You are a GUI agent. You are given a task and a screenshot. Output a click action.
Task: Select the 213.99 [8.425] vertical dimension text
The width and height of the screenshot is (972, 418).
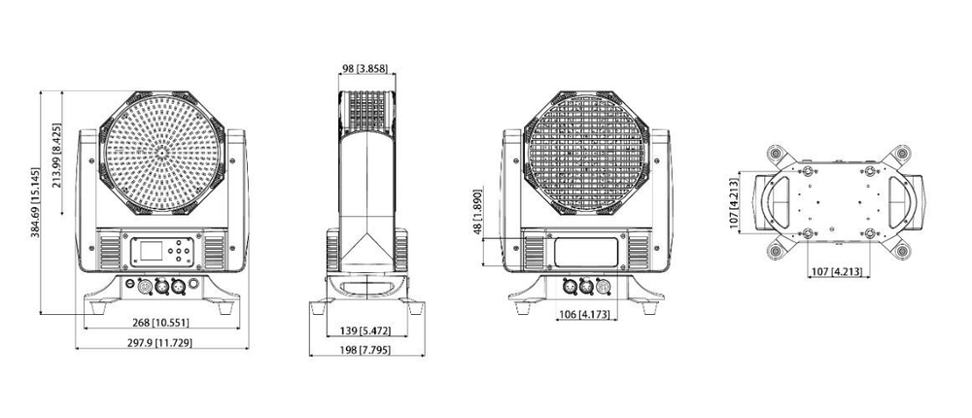[x=57, y=156]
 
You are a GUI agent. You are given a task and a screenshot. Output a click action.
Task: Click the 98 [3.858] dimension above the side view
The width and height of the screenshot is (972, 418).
[x=366, y=68]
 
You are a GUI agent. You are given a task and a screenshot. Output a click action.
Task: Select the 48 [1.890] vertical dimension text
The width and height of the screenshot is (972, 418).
[x=476, y=212]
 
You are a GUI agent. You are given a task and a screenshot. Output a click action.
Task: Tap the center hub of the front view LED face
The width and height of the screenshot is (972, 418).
[x=162, y=154]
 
